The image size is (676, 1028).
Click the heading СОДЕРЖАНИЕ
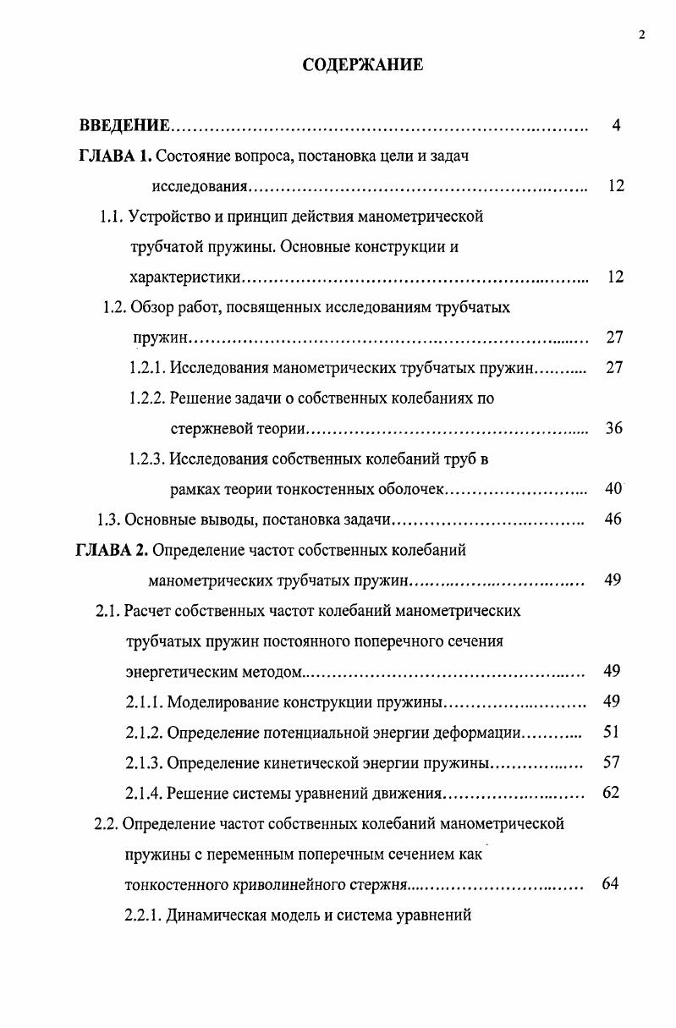tap(363, 65)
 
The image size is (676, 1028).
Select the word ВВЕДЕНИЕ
tap(124, 126)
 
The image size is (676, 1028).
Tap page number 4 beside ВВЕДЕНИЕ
tap(616, 126)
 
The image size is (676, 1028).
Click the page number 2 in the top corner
tap(642, 35)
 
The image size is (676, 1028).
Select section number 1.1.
tap(113, 217)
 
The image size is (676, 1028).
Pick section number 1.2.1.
tap(147, 368)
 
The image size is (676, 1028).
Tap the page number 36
tap(614, 428)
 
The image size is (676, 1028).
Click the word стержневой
tap(207, 429)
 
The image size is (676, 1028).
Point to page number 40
tap(614, 488)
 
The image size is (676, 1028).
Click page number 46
tap(614, 519)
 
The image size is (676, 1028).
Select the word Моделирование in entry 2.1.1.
tap(218, 701)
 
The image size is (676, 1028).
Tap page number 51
tap(612, 731)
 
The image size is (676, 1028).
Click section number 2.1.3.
tap(145, 762)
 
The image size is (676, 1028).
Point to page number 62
tap(611, 793)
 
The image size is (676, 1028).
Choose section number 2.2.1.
tap(142, 915)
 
